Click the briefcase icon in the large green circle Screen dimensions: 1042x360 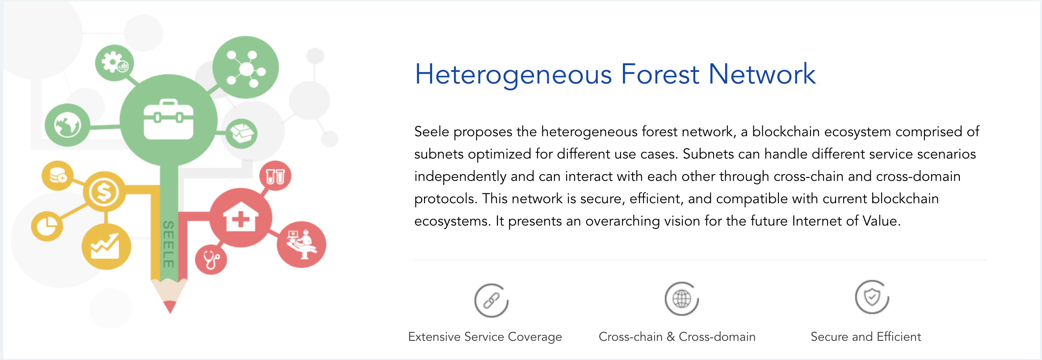(168, 119)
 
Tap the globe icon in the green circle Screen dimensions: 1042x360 (67, 125)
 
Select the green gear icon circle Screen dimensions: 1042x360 (115, 63)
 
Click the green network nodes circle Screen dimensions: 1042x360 (245, 67)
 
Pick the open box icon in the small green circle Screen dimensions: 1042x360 (242, 133)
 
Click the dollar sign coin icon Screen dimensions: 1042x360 (104, 192)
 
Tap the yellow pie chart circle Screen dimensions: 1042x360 (47, 226)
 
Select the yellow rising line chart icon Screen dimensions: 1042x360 (105, 247)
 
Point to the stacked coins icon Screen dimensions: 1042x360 (58, 175)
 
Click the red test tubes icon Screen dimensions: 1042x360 (275, 176)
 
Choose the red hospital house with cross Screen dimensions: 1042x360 (241, 217)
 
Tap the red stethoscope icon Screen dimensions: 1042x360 (211, 260)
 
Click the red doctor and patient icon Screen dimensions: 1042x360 (302, 244)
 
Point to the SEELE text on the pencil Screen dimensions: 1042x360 (168, 244)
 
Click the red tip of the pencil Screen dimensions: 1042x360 (170, 307)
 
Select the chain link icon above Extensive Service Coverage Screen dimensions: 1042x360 (491, 300)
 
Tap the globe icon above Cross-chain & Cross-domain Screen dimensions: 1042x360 (681, 299)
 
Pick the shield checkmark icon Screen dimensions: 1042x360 (872, 297)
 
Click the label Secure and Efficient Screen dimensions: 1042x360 (866, 337)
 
